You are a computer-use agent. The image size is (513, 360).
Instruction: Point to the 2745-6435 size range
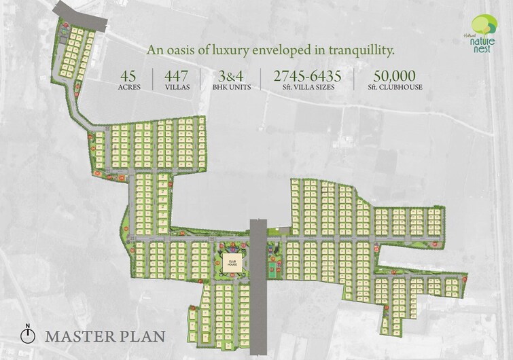click(x=307, y=75)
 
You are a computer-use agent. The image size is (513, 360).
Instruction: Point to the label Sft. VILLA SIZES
click(x=307, y=87)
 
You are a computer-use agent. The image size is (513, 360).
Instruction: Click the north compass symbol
click(x=28, y=335)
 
